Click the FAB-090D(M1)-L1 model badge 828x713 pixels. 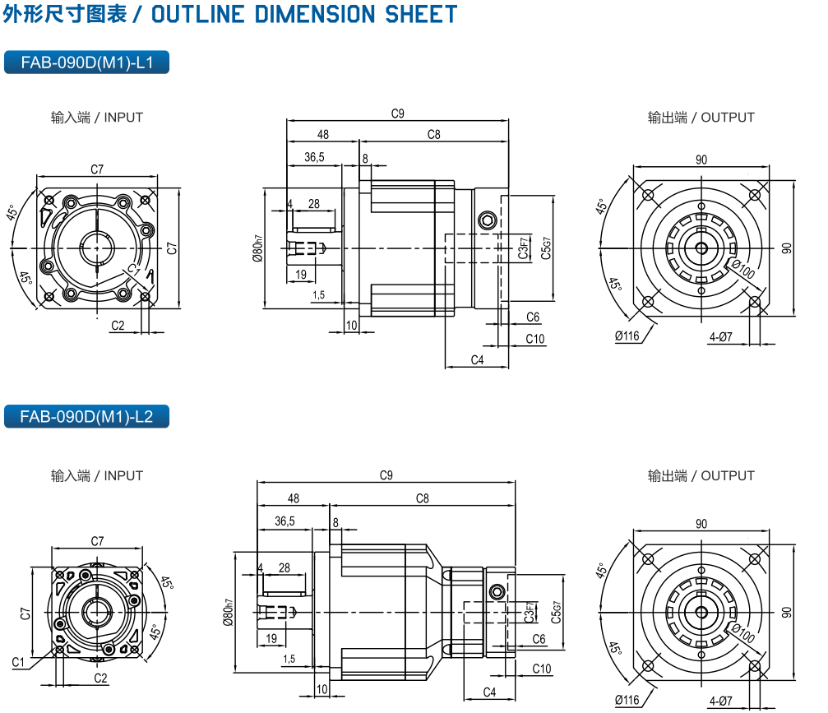[x=86, y=63]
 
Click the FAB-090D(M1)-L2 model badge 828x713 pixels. [x=86, y=416]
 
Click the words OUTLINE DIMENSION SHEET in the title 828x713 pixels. [x=304, y=14]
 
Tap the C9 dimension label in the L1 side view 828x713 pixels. [x=397, y=114]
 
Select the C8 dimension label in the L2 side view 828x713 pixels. [x=422, y=498]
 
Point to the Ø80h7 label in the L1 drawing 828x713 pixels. [x=257, y=248]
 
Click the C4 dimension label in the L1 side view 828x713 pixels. [x=477, y=360]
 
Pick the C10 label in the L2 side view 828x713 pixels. [x=542, y=669]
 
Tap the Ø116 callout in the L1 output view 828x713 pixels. [x=627, y=336]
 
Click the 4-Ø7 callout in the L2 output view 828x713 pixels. [x=720, y=701]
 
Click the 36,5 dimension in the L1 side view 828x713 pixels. [x=314, y=156]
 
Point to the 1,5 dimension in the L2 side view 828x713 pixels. [x=289, y=659]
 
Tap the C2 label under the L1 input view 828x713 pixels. [x=118, y=326]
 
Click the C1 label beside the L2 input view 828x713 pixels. [x=18, y=662]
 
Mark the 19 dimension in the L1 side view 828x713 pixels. [x=300, y=274]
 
